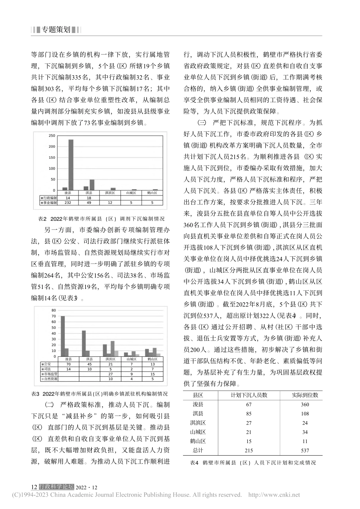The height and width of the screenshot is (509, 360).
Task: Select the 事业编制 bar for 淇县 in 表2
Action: coord(92,185)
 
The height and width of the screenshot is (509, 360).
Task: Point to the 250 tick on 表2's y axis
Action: coord(52,136)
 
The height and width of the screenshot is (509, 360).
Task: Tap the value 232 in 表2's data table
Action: coord(68,203)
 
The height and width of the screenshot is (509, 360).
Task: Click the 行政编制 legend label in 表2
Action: coord(49,198)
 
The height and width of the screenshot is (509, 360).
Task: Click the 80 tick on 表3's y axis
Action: coord(53,311)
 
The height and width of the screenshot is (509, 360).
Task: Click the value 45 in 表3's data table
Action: coord(89,364)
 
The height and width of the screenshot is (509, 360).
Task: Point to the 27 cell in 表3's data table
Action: coord(110,374)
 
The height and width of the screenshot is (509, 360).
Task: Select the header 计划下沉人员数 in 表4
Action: coord(249,395)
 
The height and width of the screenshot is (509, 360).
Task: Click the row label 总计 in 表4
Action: coord(198,450)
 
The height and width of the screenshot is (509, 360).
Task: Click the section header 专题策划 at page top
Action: coord(56,30)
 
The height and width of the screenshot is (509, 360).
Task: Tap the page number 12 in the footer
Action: coord(34,487)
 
